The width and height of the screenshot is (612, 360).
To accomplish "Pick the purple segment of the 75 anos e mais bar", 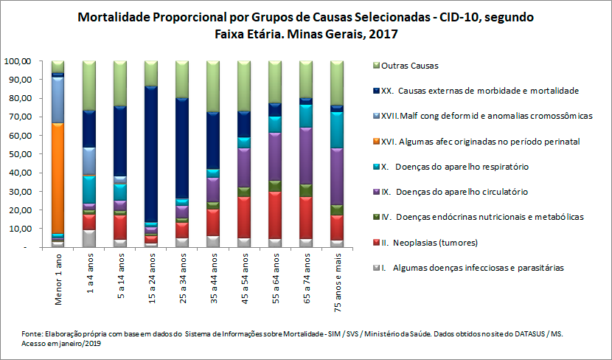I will [x=336, y=176].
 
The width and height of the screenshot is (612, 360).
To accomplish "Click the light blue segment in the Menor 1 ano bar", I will [x=58, y=99].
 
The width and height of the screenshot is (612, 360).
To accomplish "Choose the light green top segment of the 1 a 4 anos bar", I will [x=88, y=85].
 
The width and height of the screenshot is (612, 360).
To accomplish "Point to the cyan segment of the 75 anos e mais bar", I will [x=336, y=129].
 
